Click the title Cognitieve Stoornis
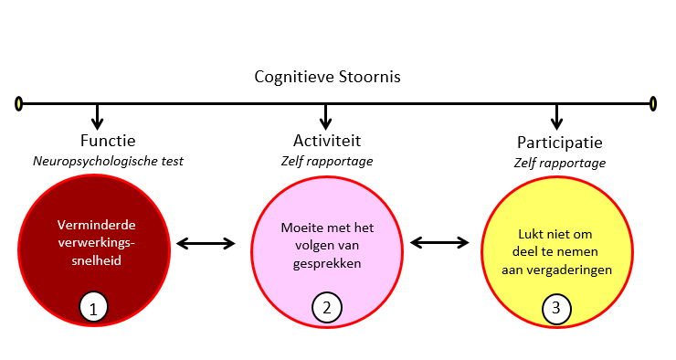327,76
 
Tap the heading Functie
107,141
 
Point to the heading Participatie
559,143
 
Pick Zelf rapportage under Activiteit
326,161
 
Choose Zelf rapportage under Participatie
559,163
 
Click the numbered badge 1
93,308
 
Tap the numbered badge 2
326,307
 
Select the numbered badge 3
555,308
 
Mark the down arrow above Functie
97,117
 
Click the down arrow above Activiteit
326,117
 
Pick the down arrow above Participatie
557,117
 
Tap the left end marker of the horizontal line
18,103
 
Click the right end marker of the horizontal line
653,103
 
